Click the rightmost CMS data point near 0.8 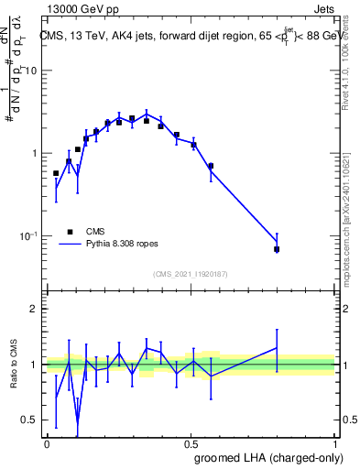coord(277,249)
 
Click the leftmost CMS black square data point coord(56,173)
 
